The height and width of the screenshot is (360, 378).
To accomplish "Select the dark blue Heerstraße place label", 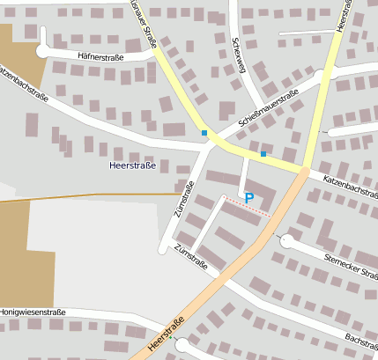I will click(131, 165).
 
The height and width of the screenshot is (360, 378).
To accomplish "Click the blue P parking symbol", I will click(248, 199).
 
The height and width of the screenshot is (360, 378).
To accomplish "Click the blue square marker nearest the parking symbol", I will click(263, 154).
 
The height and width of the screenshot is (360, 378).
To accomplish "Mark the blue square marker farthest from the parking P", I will click(204, 133).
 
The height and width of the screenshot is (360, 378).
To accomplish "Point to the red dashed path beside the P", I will click(248, 209).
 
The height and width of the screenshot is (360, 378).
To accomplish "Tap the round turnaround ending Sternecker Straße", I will click(285, 241).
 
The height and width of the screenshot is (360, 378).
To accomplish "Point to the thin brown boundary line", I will click(88, 195).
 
